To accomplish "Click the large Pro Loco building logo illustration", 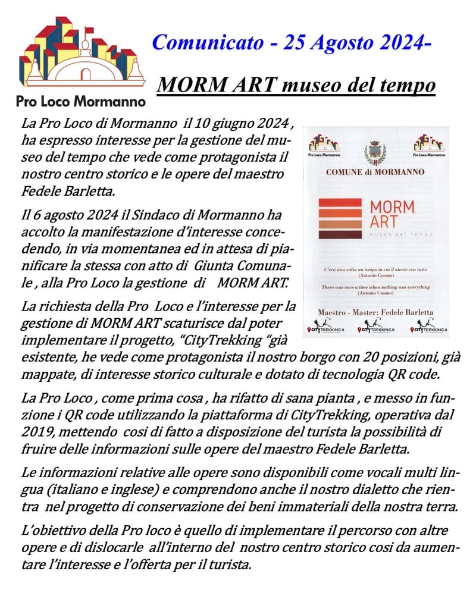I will pos(82,51).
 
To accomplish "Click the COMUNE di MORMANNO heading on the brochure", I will pos(375,172).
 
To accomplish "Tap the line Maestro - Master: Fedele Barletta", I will pos(375,312).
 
